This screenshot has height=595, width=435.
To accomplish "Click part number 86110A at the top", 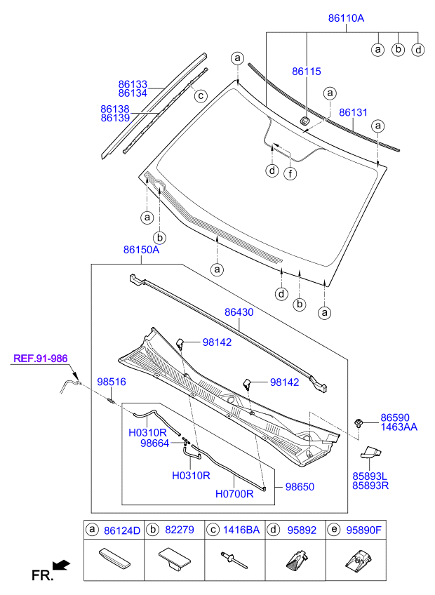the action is [346, 18].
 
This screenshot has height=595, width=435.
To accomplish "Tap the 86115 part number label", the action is [307, 72].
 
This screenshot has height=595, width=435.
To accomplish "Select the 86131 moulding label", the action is [353, 112].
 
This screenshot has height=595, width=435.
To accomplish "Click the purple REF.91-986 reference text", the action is [41, 359].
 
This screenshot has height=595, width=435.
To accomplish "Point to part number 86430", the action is [239, 312].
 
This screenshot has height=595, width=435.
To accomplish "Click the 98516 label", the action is [112, 382].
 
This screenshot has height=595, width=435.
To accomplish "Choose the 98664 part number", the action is [154, 443].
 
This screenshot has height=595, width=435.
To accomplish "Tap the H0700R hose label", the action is [234, 494].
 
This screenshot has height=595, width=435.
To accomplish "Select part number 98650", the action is [300, 487].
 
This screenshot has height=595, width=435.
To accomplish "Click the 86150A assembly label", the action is [141, 250].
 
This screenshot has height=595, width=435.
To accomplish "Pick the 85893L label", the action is [370, 476].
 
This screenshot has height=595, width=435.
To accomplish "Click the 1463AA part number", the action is [399, 427].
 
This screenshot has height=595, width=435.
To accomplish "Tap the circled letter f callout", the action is [290, 174].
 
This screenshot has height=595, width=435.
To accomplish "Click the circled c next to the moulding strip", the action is [201, 95].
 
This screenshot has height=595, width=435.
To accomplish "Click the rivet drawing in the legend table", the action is [234, 560].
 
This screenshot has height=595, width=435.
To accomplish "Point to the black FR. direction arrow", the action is [61, 565].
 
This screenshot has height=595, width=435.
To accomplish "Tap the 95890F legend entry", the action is [363, 530].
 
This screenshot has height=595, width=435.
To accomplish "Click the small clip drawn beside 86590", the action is [358, 422].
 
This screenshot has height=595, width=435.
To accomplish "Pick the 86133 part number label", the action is [133, 84].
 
